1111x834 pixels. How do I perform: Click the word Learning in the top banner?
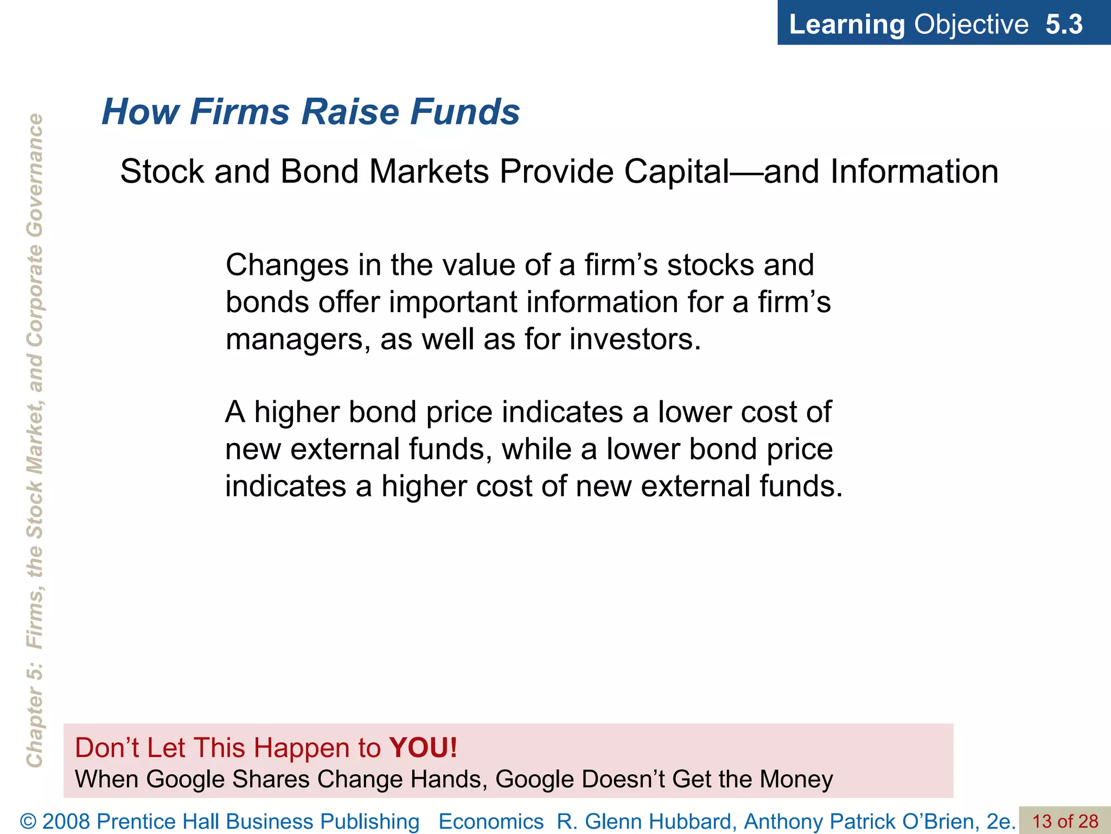tap(847, 24)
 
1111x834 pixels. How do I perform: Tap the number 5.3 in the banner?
tap(1064, 24)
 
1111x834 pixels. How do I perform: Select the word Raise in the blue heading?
tap(350, 111)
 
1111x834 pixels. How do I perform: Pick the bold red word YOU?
tap(423, 748)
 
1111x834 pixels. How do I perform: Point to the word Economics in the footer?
tap(490, 822)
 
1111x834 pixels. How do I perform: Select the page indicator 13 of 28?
tap(1065, 822)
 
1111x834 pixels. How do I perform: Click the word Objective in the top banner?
tap(971, 24)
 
